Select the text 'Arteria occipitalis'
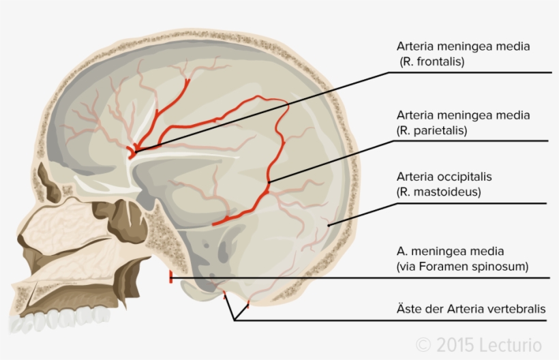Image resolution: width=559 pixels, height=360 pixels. pyautogui.click(x=444, y=177)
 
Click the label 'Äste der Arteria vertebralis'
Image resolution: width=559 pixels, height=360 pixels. pyautogui.click(x=471, y=309)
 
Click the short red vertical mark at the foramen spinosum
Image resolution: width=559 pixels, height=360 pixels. pyautogui.click(x=170, y=277)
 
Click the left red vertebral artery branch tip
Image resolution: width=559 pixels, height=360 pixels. pyautogui.click(x=225, y=295)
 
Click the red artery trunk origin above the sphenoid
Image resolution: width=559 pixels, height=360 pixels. pyautogui.click(x=133, y=151)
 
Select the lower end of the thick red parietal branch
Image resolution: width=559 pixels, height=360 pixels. pyautogui.click(x=214, y=224)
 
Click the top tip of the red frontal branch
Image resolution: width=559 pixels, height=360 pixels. pyautogui.click(x=189, y=79)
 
